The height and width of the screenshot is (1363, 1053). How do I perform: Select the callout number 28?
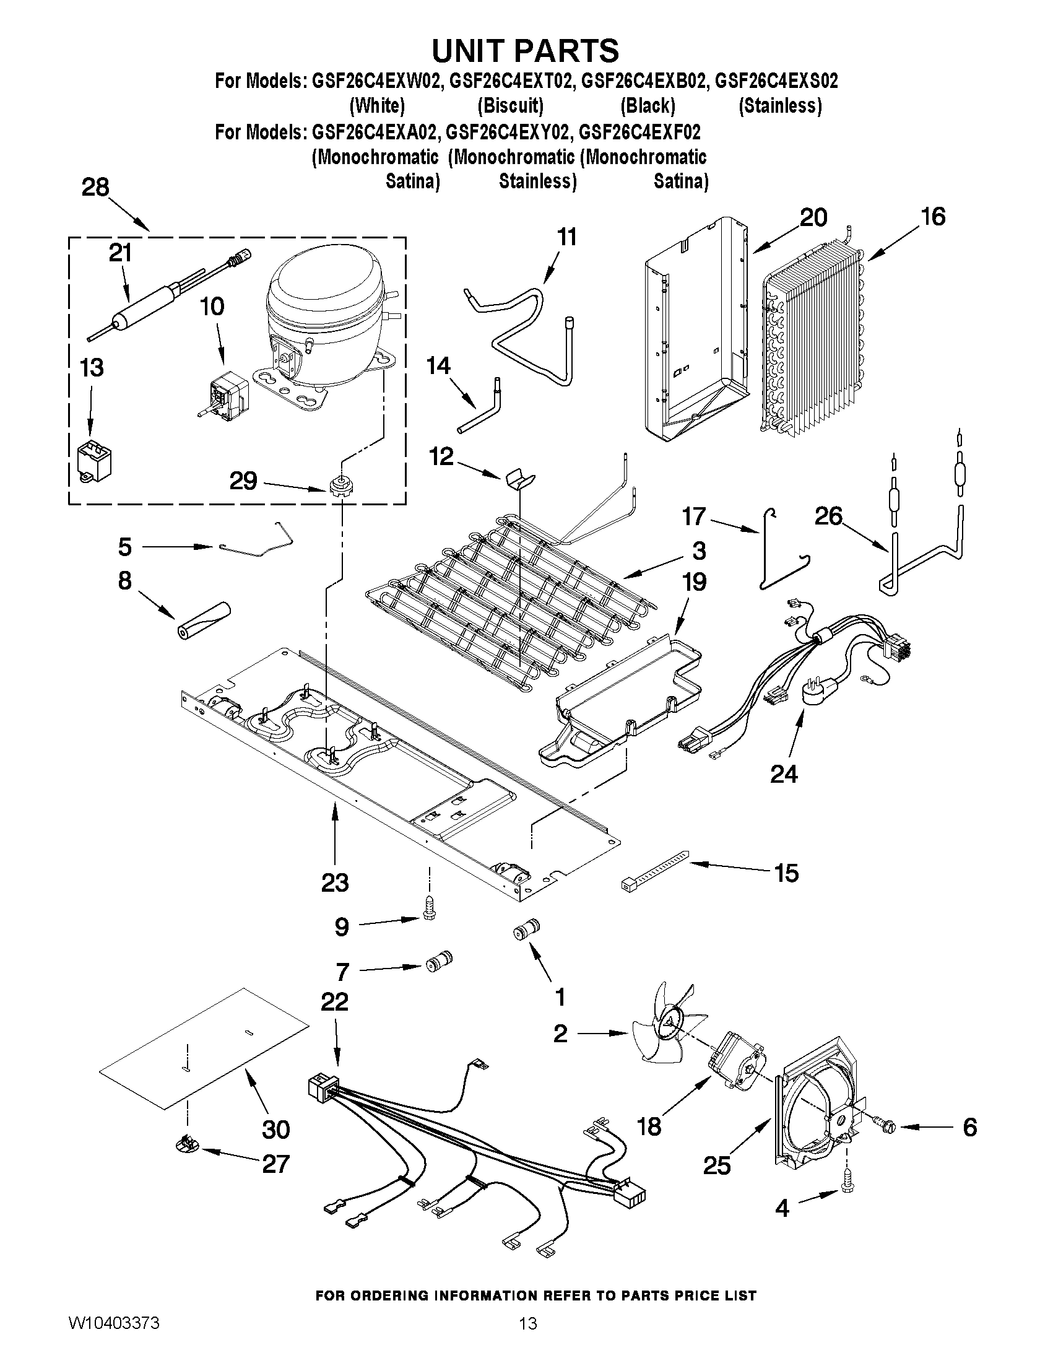pos(95,187)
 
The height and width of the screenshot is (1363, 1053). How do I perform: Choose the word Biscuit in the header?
pos(510,106)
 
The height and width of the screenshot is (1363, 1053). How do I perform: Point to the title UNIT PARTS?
pos(525,51)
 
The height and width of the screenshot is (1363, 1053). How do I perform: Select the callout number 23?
pos(335,882)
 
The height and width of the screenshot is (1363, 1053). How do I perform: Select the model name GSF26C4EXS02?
pos(776,81)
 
